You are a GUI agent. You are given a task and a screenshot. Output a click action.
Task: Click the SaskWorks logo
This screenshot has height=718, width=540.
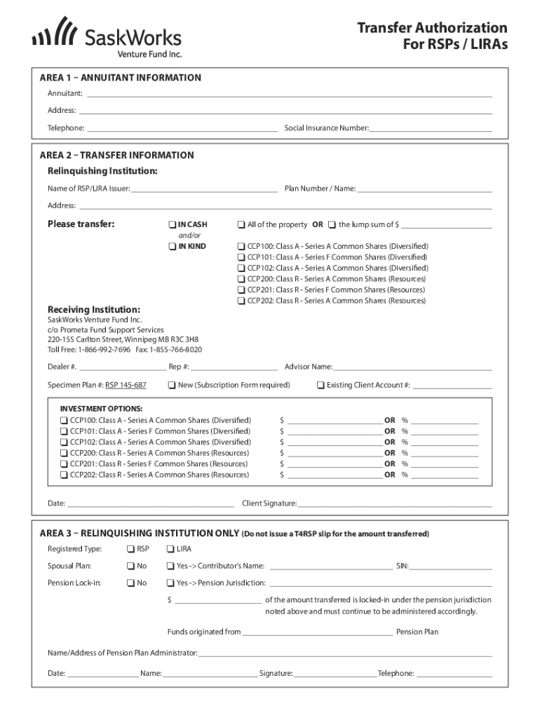(x=107, y=37)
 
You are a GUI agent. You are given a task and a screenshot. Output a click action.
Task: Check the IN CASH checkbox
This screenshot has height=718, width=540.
(x=171, y=225)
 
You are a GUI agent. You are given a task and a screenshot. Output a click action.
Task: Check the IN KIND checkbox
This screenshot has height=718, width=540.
(x=171, y=247)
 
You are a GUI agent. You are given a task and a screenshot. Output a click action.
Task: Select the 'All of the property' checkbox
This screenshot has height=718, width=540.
(x=241, y=225)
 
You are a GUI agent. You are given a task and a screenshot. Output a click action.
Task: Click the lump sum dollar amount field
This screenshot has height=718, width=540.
(x=446, y=224)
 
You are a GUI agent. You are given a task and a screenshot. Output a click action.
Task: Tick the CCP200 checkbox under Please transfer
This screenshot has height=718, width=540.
(x=241, y=279)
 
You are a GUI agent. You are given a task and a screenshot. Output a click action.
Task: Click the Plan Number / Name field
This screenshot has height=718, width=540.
(x=424, y=188)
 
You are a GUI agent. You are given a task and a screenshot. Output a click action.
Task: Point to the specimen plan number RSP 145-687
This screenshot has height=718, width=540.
(x=126, y=385)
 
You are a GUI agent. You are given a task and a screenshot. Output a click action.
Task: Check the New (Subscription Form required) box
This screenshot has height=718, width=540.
(x=171, y=385)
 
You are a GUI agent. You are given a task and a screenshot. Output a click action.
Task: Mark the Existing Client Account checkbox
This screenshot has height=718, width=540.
(x=320, y=385)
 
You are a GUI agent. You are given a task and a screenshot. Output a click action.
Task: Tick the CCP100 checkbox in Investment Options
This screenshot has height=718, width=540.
(x=63, y=420)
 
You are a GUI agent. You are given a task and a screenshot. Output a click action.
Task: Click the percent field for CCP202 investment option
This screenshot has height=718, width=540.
(x=445, y=475)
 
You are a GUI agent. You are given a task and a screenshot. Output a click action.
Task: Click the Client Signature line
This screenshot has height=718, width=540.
(x=394, y=503)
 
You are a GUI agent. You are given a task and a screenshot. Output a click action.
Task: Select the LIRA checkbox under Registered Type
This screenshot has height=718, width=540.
(x=170, y=548)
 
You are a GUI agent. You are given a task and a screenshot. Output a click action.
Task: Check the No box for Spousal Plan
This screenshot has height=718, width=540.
(x=130, y=566)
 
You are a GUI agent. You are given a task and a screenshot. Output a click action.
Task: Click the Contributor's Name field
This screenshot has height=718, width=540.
(x=331, y=565)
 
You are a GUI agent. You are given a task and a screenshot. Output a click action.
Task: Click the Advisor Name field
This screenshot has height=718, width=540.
(x=412, y=366)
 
